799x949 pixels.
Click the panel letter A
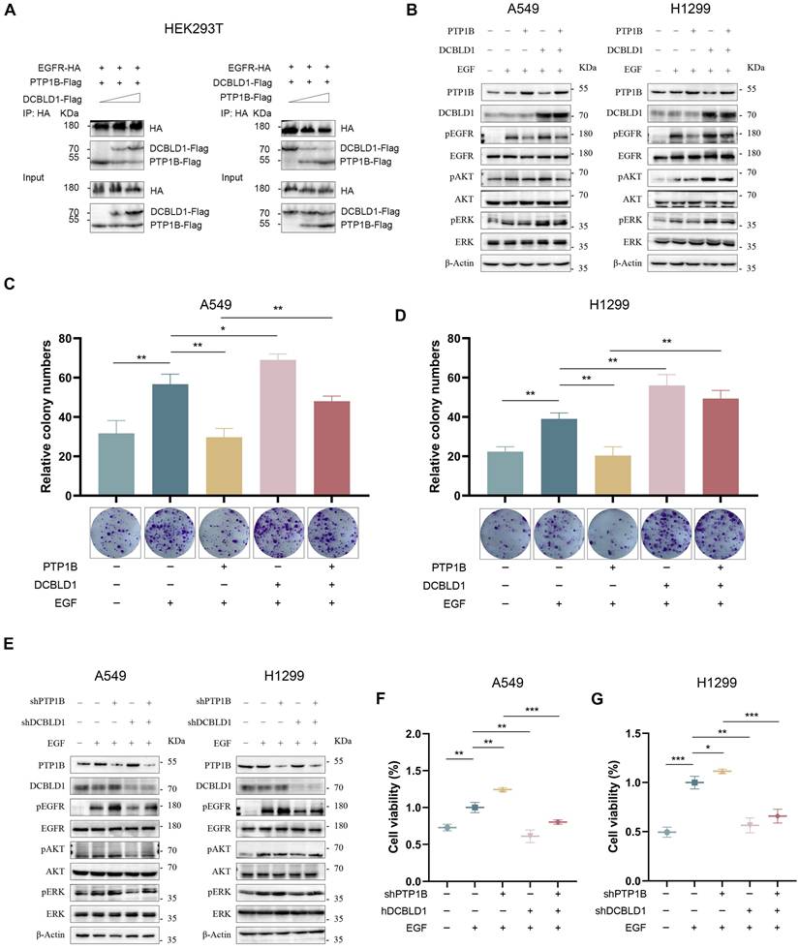point(11,11)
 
